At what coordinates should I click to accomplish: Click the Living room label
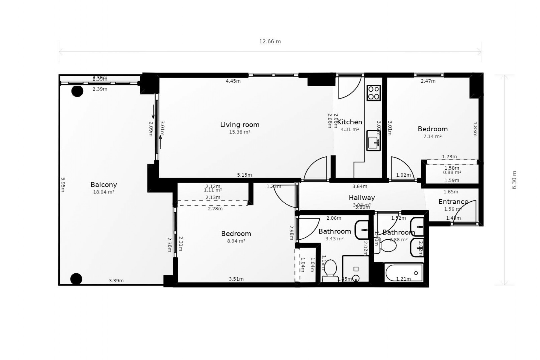240,125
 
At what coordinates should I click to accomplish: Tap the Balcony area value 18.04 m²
103,192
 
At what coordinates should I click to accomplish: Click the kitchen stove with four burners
374,93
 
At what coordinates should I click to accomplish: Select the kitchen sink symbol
373,141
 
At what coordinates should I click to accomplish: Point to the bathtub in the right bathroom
404,273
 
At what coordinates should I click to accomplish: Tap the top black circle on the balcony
77,91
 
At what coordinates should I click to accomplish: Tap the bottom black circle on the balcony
76,279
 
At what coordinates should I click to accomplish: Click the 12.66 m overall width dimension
270,42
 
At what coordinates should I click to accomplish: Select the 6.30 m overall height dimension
514,180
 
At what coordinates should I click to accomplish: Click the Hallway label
362,198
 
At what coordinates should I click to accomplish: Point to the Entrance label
453,202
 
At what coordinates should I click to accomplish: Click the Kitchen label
350,122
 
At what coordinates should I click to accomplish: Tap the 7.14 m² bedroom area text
432,136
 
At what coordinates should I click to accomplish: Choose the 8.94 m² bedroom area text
236,241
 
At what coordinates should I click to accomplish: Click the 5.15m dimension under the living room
244,175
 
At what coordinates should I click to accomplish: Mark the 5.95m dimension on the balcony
63,184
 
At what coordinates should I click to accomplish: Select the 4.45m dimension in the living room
233,81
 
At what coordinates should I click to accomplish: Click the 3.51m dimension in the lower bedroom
236,279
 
